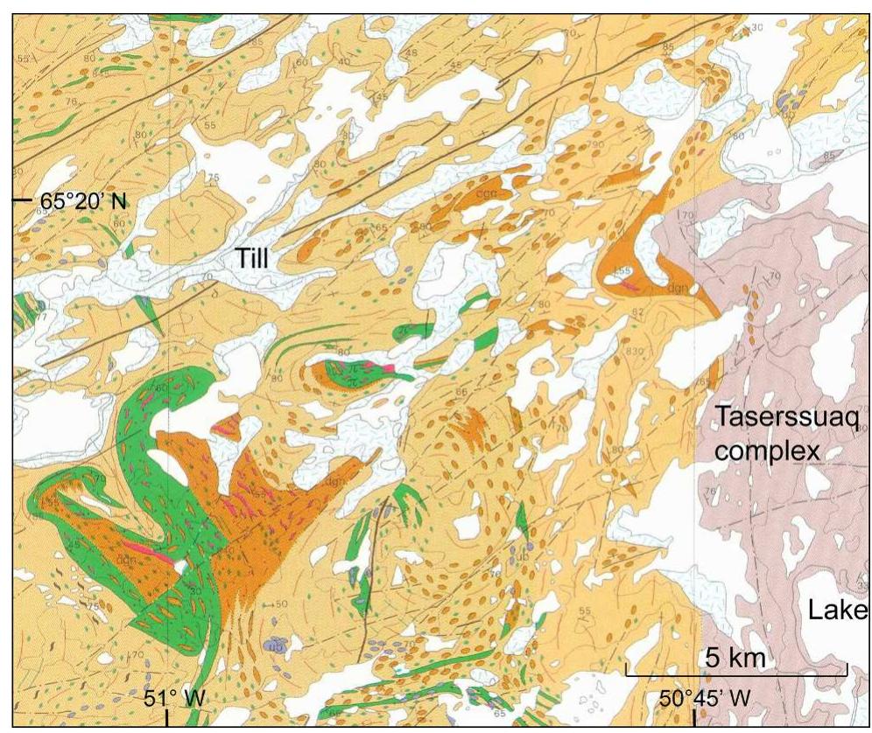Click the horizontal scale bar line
click(x=735, y=673)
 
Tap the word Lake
click(x=837, y=609)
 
